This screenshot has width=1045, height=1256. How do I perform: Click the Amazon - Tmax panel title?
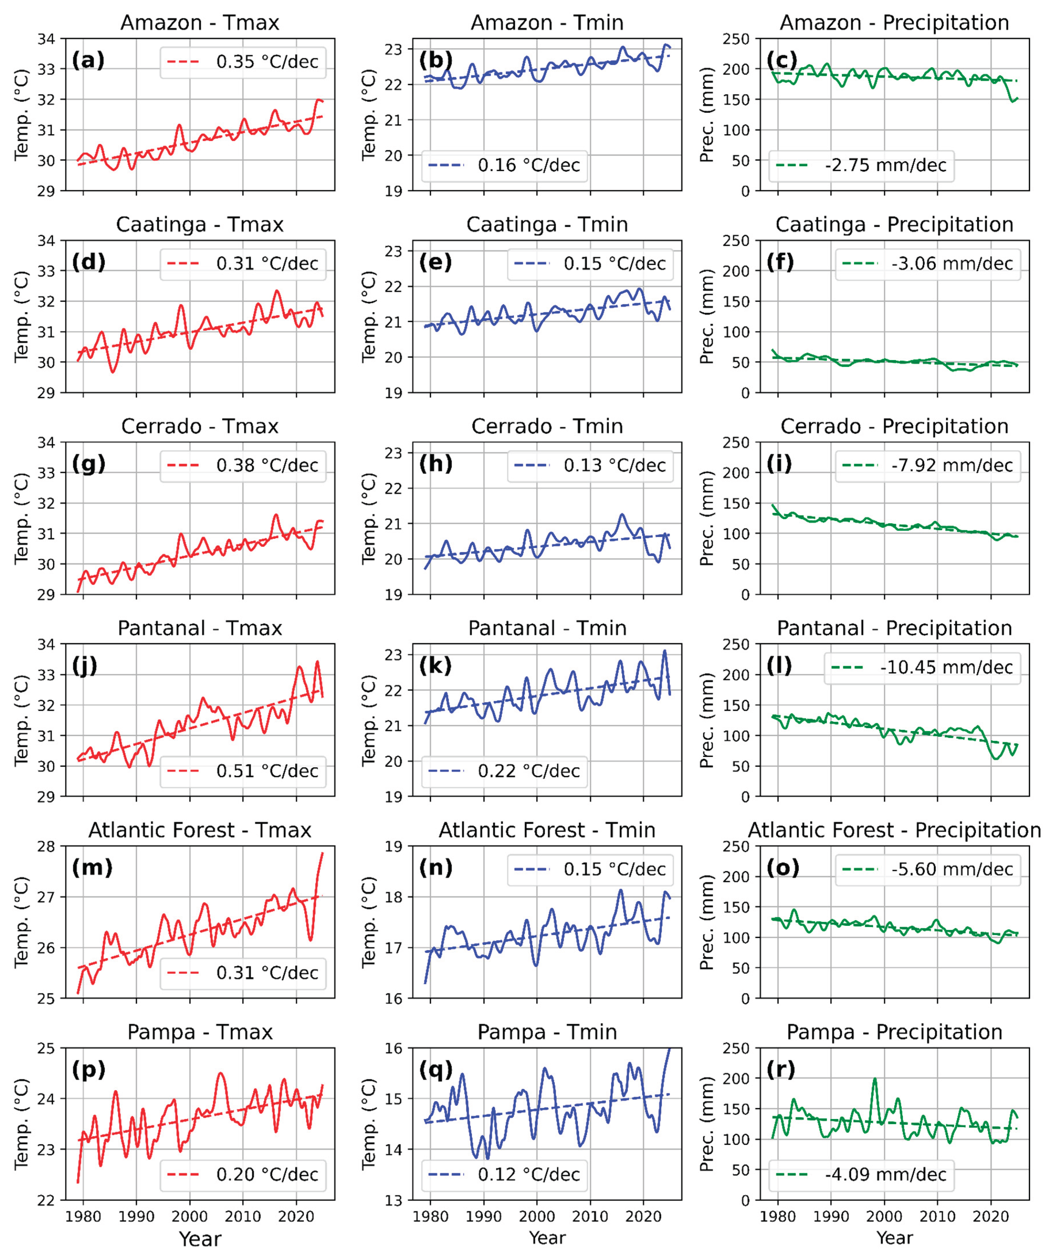pos(200,23)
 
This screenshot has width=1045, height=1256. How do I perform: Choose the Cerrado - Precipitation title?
pos(894,427)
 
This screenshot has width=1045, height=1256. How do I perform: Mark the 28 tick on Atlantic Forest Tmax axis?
pos(46,846)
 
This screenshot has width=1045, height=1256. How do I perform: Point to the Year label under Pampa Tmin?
pos(547,1238)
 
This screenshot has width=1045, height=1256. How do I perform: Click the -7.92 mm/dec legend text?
pos(952,465)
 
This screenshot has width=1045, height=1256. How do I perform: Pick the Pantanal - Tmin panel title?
pos(547,628)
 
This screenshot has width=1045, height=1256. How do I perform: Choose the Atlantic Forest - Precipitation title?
pos(894,830)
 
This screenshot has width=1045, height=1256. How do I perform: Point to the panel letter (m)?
pos(92,867)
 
